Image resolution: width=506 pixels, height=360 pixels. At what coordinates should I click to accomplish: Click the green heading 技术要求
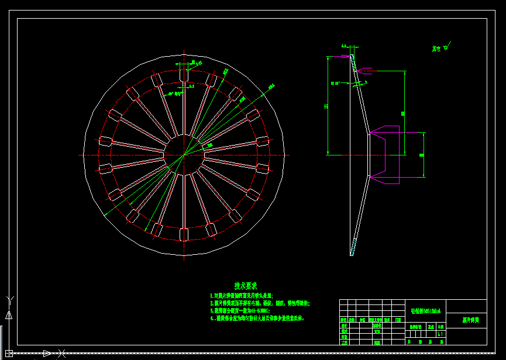[246, 286]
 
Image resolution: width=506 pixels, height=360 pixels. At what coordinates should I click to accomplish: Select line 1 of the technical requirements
[242, 296]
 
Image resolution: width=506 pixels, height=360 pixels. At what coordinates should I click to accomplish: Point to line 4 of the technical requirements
[257, 319]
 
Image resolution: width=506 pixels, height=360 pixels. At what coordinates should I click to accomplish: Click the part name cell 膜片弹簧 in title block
[470, 320]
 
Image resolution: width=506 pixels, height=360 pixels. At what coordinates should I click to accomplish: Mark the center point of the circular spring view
[184, 154]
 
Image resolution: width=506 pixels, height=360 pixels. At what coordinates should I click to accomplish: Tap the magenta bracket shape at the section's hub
[386, 154]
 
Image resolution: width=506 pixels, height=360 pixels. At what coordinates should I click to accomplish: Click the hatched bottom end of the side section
[353, 249]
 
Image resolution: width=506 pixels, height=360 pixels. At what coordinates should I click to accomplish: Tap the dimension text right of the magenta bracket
[422, 154]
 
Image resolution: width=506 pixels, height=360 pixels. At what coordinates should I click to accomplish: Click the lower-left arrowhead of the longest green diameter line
[106, 216]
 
